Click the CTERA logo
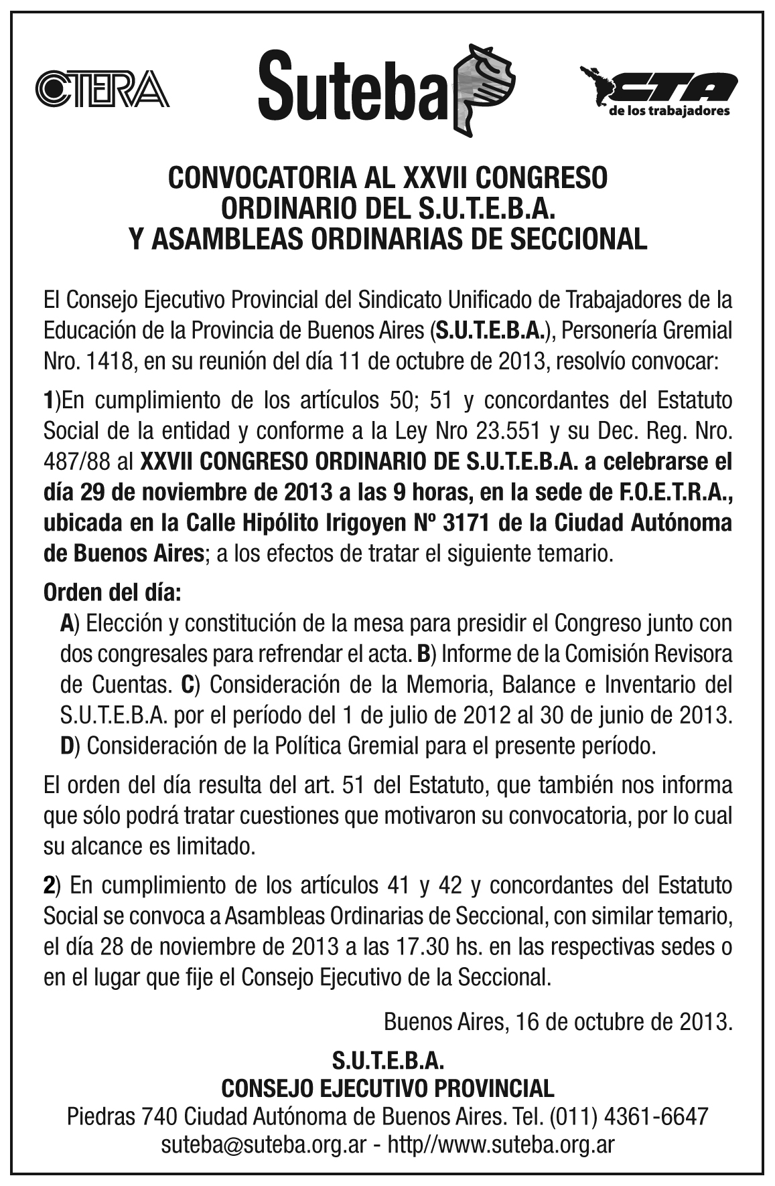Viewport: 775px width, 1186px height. click(x=101, y=89)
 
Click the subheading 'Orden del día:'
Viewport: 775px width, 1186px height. click(x=112, y=592)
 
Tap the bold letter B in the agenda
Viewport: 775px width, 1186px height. click(x=423, y=654)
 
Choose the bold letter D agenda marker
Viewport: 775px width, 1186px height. click(x=66, y=745)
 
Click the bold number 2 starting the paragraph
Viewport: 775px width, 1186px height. click(x=48, y=885)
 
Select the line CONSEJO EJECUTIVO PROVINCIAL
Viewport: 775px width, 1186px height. click(x=387, y=1088)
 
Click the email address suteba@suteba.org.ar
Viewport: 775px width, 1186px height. click(x=263, y=1145)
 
